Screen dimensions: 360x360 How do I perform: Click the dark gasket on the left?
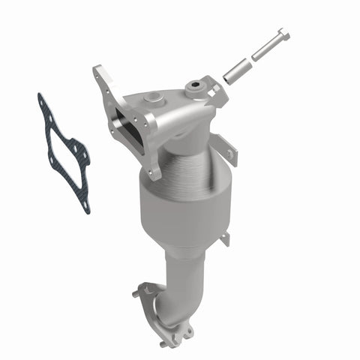(x=63, y=151)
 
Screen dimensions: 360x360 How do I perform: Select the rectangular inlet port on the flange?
(x=124, y=127)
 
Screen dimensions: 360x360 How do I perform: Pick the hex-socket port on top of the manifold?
(x=197, y=88)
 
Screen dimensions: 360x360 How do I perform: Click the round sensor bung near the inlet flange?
(x=154, y=97)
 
